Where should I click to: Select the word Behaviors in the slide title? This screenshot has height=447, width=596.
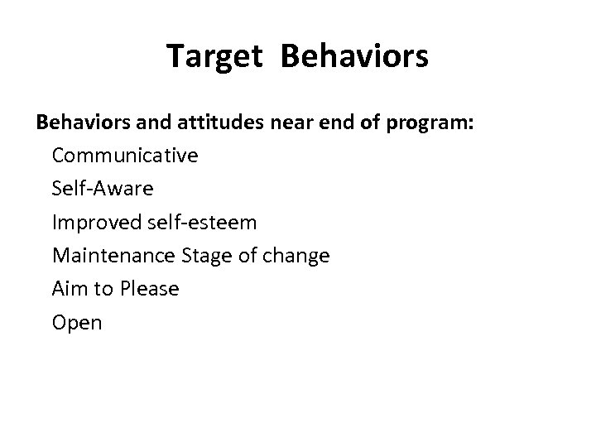pos(355,56)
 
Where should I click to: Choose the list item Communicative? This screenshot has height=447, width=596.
pos(125,155)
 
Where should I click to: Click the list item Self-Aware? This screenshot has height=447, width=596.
pos(103,188)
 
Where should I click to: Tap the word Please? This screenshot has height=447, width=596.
pos(150,289)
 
